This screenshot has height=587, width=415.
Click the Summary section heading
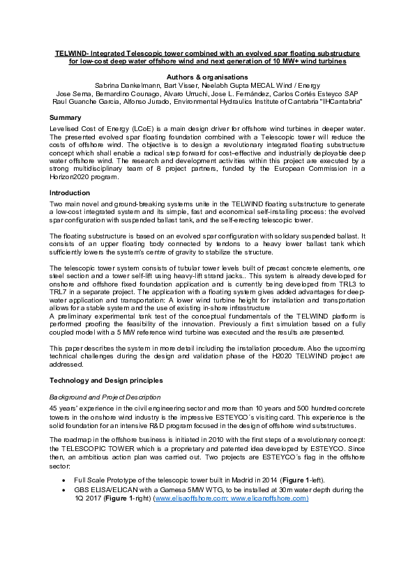66,118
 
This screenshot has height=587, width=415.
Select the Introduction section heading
70,192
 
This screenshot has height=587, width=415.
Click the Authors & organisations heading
207,77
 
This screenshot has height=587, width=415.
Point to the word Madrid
238,482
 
